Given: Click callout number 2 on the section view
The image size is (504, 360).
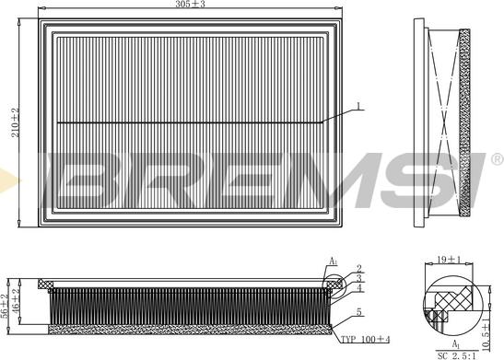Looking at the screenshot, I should [x=359, y=268].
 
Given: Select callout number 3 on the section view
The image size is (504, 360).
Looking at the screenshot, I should [x=359, y=277].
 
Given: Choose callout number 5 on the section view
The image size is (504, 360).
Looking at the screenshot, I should [x=359, y=311].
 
